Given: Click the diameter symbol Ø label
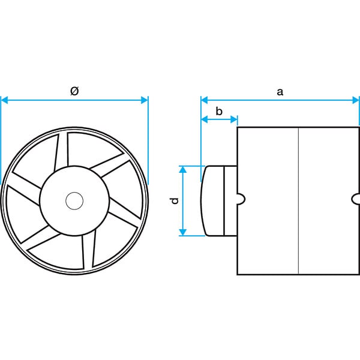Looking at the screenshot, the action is pyautogui.click(x=74, y=91).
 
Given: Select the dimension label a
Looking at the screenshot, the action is pyautogui.click(x=280, y=92).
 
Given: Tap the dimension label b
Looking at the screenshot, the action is pyautogui.click(x=219, y=111).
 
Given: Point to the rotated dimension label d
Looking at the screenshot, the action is pyautogui.click(x=175, y=200).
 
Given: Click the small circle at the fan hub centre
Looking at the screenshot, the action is pyautogui.click(x=74, y=201).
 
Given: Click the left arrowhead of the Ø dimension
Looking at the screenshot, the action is pyautogui.click(x=4, y=100).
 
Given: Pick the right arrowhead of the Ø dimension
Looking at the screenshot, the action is pyautogui.click(x=145, y=100).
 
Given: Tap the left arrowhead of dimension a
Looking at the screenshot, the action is pyautogui.click(x=205, y=100).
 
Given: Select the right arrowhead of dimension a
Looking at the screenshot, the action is pyautogui.click(x=355, y=100).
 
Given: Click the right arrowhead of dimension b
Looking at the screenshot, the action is pyautogui.click(x=234, y=119).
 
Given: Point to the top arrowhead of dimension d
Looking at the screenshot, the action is pyautogui.click(x=183, y=169).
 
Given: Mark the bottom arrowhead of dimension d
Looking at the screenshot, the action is pyautogui.click(x=183, y=232).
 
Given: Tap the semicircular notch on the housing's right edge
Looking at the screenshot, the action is pyautogui.click(x=356, y=199).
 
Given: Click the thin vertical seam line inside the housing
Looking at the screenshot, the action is pyautogui.click(x=298, y=201).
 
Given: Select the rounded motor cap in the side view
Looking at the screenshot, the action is pyautogui.click(x=212, y=200).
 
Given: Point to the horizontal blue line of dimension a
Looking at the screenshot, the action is pyautogui.click(x=280, y=100).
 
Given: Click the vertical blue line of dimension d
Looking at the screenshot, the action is pyautogui.click(x=183, y=200).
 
